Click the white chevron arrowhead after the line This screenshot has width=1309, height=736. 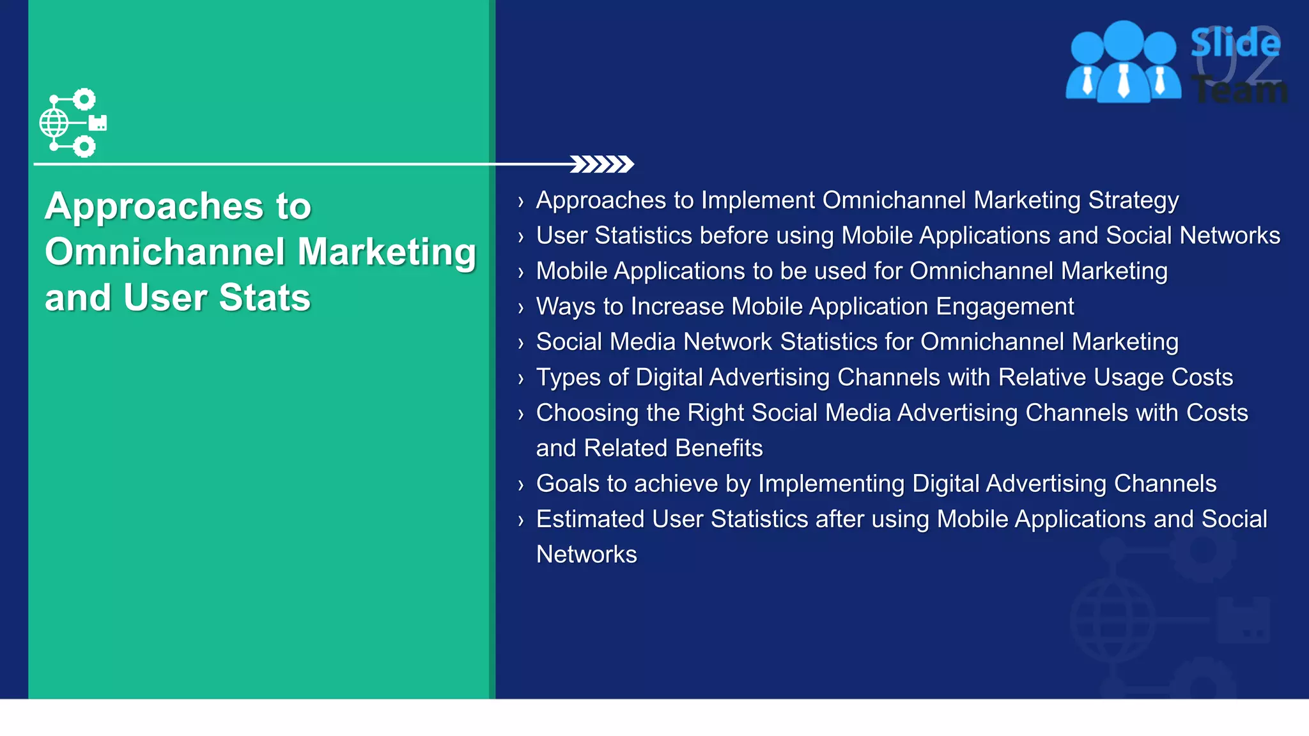point(601,164)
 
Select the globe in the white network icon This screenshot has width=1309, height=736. point(54,123)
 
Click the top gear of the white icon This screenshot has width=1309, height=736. point(84,100)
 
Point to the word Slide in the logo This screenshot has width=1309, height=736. point(1234,43)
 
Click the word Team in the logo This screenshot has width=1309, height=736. point(1239,89)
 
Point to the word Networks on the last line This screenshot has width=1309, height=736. point(586,555)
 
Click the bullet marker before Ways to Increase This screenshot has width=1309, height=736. point(521,308)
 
